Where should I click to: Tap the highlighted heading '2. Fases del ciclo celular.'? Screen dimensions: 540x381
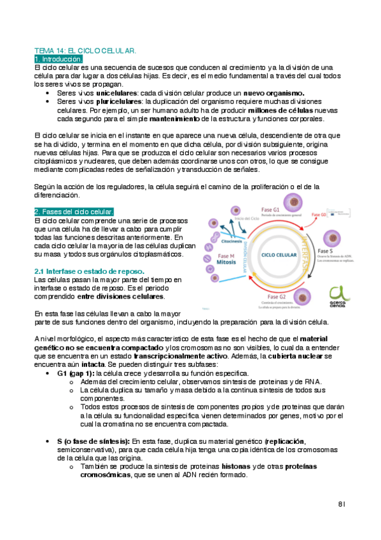coord(74,211)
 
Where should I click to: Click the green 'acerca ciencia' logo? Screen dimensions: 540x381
coord(339,295)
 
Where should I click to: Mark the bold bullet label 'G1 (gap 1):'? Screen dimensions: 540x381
coord(75,373)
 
